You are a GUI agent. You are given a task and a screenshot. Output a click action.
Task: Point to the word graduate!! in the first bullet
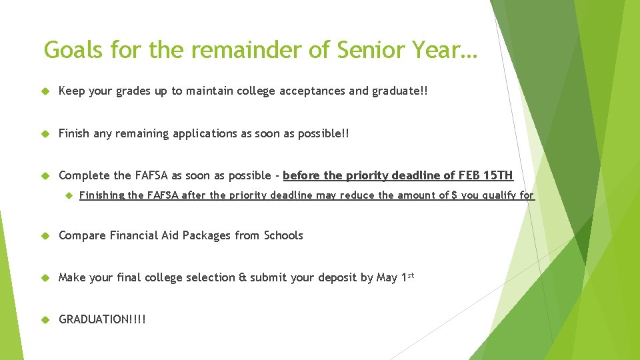[x=396, y=91]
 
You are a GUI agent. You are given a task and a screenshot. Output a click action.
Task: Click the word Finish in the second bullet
[x=74, y=133]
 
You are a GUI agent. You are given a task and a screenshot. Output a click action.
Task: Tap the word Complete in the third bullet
[x=85, y=175]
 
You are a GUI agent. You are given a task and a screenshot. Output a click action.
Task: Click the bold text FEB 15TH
[x=486, y=175]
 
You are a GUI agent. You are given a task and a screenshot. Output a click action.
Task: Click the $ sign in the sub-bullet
[x=454, y=195]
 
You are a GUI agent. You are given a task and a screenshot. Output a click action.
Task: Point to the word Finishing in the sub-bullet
[x=101, y=195]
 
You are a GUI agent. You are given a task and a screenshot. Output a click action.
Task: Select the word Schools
[x=283, y=235]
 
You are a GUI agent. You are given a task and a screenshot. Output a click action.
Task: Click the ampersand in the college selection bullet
[x=242, y=277]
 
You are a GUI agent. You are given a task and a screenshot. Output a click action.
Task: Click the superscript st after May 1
[x=411, y=275]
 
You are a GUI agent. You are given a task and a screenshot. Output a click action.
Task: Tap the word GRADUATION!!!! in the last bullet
[x=102, y=319]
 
